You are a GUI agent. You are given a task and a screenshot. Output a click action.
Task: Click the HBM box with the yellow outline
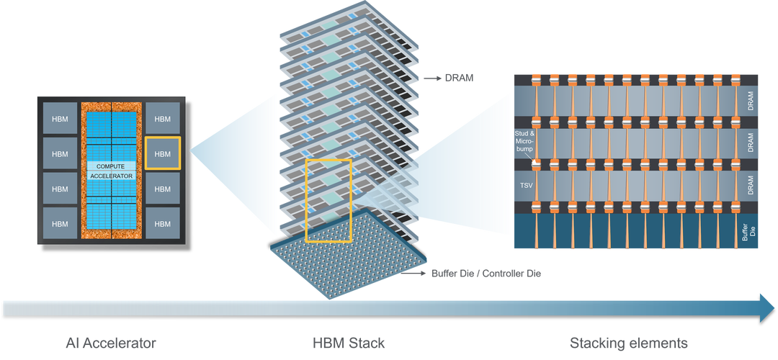[x=163, y=154]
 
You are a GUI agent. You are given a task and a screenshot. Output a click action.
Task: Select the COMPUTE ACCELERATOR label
[x=112, y=171]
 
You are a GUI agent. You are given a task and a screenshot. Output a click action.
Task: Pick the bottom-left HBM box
[x=60, y=222]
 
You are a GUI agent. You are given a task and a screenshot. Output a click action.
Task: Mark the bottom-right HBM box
[x=163, y=222]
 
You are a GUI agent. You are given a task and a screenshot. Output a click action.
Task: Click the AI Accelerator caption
[x=109, y=343]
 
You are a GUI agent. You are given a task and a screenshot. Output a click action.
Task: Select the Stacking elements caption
[x=629, y=343]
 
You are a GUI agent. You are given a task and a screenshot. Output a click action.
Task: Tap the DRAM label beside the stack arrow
[x=458, y=78]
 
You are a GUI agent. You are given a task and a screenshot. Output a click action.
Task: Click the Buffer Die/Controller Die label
[x=486, y=273]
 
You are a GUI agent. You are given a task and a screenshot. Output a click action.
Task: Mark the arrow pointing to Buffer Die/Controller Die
[x=415, y=273]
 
